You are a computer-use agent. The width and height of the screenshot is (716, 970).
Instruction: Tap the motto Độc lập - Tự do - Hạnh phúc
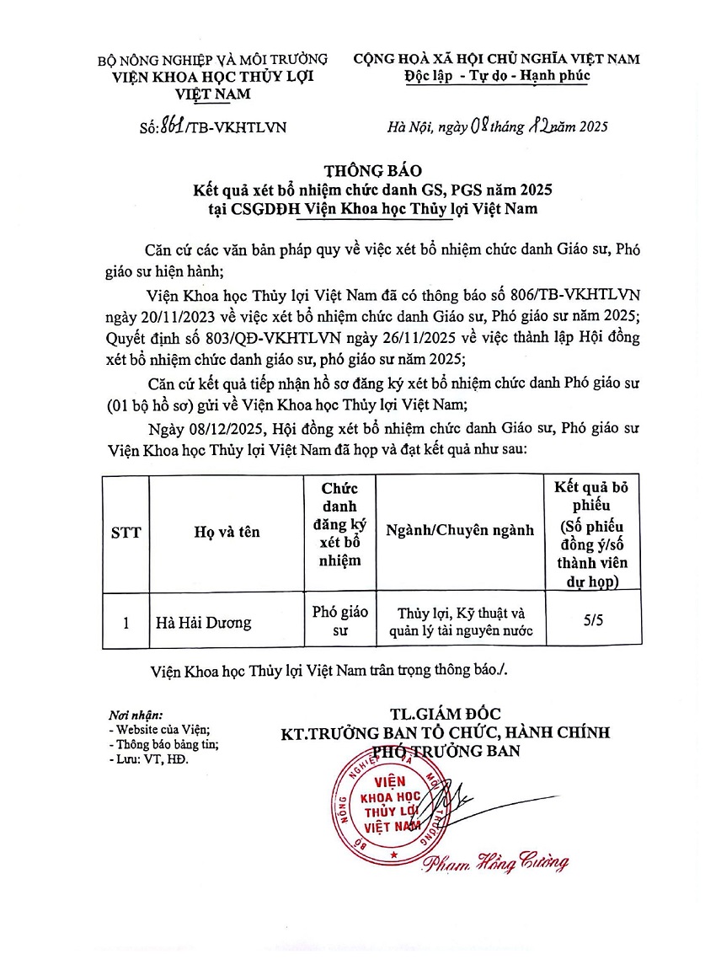tap(496, 75)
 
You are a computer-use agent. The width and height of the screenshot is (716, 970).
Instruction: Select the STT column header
tap(126, 532)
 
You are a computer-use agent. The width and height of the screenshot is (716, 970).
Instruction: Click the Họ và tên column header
tap(227, 532)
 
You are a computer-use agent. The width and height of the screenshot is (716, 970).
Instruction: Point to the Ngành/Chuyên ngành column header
tap(460, 531)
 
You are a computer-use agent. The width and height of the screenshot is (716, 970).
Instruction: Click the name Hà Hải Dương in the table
tap(203, 623)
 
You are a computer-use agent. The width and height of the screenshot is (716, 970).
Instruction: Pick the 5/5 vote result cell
tap(593, 620)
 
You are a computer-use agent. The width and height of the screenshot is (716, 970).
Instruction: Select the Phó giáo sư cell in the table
tap(339, 620)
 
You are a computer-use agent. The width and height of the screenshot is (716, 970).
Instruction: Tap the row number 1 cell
tap(126, 623)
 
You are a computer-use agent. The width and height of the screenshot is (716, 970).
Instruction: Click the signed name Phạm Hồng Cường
tap(495, 861)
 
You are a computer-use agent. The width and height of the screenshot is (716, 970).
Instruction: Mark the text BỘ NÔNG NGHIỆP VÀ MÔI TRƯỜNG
tap(213, 60)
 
